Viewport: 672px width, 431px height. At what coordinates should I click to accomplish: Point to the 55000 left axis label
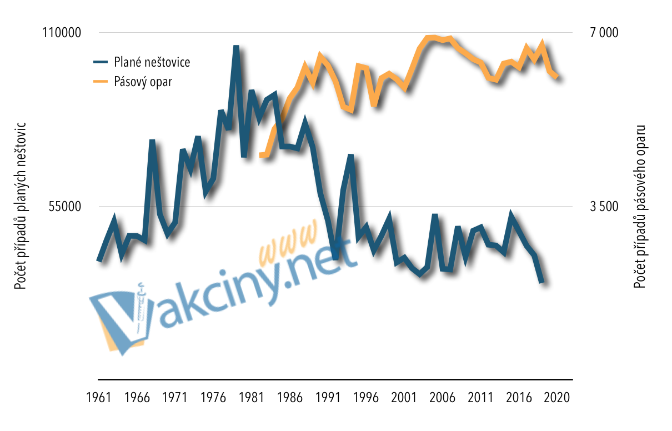point(63,207)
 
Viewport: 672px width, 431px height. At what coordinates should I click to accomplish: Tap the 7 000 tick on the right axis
point(604,33)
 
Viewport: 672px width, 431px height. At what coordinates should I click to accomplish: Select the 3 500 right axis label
point(604,207)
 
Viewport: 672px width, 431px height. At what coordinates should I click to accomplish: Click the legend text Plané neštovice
point(152,62)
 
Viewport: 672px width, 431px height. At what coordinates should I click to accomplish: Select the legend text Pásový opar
point(143,81)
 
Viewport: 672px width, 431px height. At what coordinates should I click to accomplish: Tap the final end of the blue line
point(541,282)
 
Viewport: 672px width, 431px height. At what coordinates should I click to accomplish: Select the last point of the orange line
point(557,77)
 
